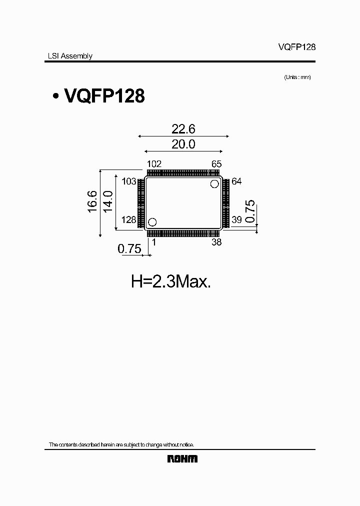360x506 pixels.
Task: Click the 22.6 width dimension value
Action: [x=183, y=129]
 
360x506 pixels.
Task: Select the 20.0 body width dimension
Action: [x=183, y=145]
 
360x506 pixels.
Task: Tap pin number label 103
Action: [x=129, y=181]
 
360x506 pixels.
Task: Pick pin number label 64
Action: [x=236, y=181]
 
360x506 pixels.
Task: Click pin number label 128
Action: [x=129, y=220]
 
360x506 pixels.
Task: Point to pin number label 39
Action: [x=236, y=220]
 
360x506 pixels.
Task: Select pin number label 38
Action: [x=216, y=242]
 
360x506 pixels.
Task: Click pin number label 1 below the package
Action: [x=153, y=242]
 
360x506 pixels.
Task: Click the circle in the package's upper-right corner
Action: [x=214, y=184]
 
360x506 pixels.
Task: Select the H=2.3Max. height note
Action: [x=171, y=282]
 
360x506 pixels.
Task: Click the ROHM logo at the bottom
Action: [x=182, y=459]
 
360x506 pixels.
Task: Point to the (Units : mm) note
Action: [x=297, y=77]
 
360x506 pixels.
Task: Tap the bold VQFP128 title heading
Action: [x=104, y=96]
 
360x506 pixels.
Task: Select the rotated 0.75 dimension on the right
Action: [x=250, y=211]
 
